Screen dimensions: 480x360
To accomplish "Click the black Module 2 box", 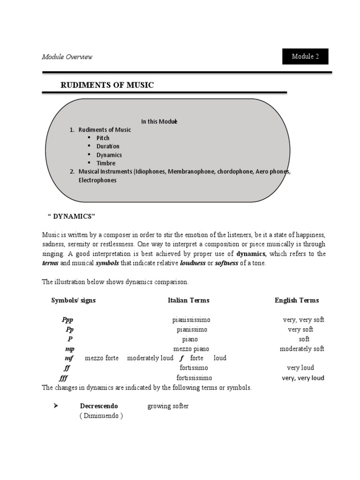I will (305, 56).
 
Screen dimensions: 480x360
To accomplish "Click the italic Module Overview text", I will (67, 57).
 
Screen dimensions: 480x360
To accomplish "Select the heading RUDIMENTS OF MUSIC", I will (107, 85).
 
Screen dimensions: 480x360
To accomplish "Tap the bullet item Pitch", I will (103, 138).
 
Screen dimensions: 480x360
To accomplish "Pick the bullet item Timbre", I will (106, 163).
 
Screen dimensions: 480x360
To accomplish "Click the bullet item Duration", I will (108, 146).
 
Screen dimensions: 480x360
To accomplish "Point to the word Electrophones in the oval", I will (97, 180).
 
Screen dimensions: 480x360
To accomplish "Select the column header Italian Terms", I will (188, 300).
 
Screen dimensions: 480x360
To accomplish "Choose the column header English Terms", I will (297, 300).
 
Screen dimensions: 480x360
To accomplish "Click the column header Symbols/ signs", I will (74, 300).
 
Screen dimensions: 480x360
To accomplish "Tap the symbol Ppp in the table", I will (67, 320).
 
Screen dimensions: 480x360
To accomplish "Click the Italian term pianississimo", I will (191, 320).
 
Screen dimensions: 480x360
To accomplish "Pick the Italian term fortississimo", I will (194, 378).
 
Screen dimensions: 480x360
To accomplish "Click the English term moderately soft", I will (302, 349).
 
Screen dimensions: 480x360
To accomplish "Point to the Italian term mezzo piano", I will (191, 349).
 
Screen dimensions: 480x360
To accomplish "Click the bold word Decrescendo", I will (99, 406).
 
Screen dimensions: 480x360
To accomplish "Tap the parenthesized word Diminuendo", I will (101, 416).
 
